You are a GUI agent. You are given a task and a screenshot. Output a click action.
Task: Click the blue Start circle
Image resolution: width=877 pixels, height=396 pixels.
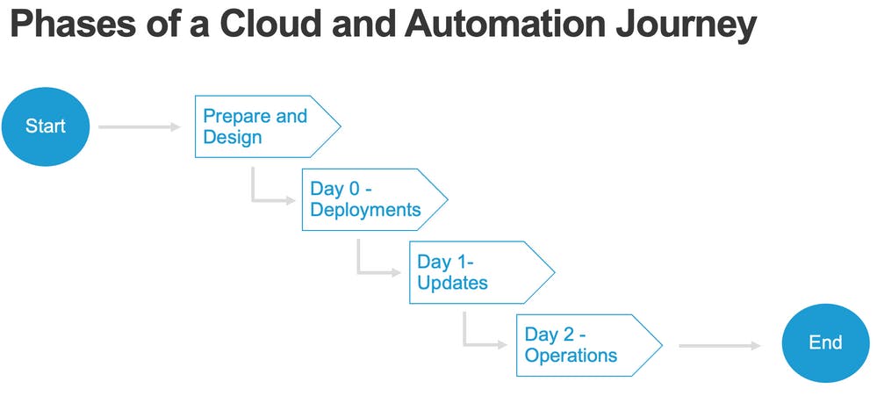point(45,126)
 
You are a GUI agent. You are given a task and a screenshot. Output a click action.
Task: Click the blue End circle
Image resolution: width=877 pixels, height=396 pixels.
point(825,343)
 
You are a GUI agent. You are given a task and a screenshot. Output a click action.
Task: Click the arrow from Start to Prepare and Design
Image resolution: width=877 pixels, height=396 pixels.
point(139,127)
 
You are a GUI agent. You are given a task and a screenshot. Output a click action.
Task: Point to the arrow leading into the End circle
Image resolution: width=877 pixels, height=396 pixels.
point(719,346)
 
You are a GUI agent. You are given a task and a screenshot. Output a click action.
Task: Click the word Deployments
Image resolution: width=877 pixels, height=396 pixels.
point(365,210)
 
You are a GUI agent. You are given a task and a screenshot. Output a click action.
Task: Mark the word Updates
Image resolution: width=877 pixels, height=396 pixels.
point(452,283)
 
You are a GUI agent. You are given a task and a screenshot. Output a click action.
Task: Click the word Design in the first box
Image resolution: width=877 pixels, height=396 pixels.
point(232,137)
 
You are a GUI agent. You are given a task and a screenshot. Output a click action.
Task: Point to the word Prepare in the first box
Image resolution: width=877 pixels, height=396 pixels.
point(235,116)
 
